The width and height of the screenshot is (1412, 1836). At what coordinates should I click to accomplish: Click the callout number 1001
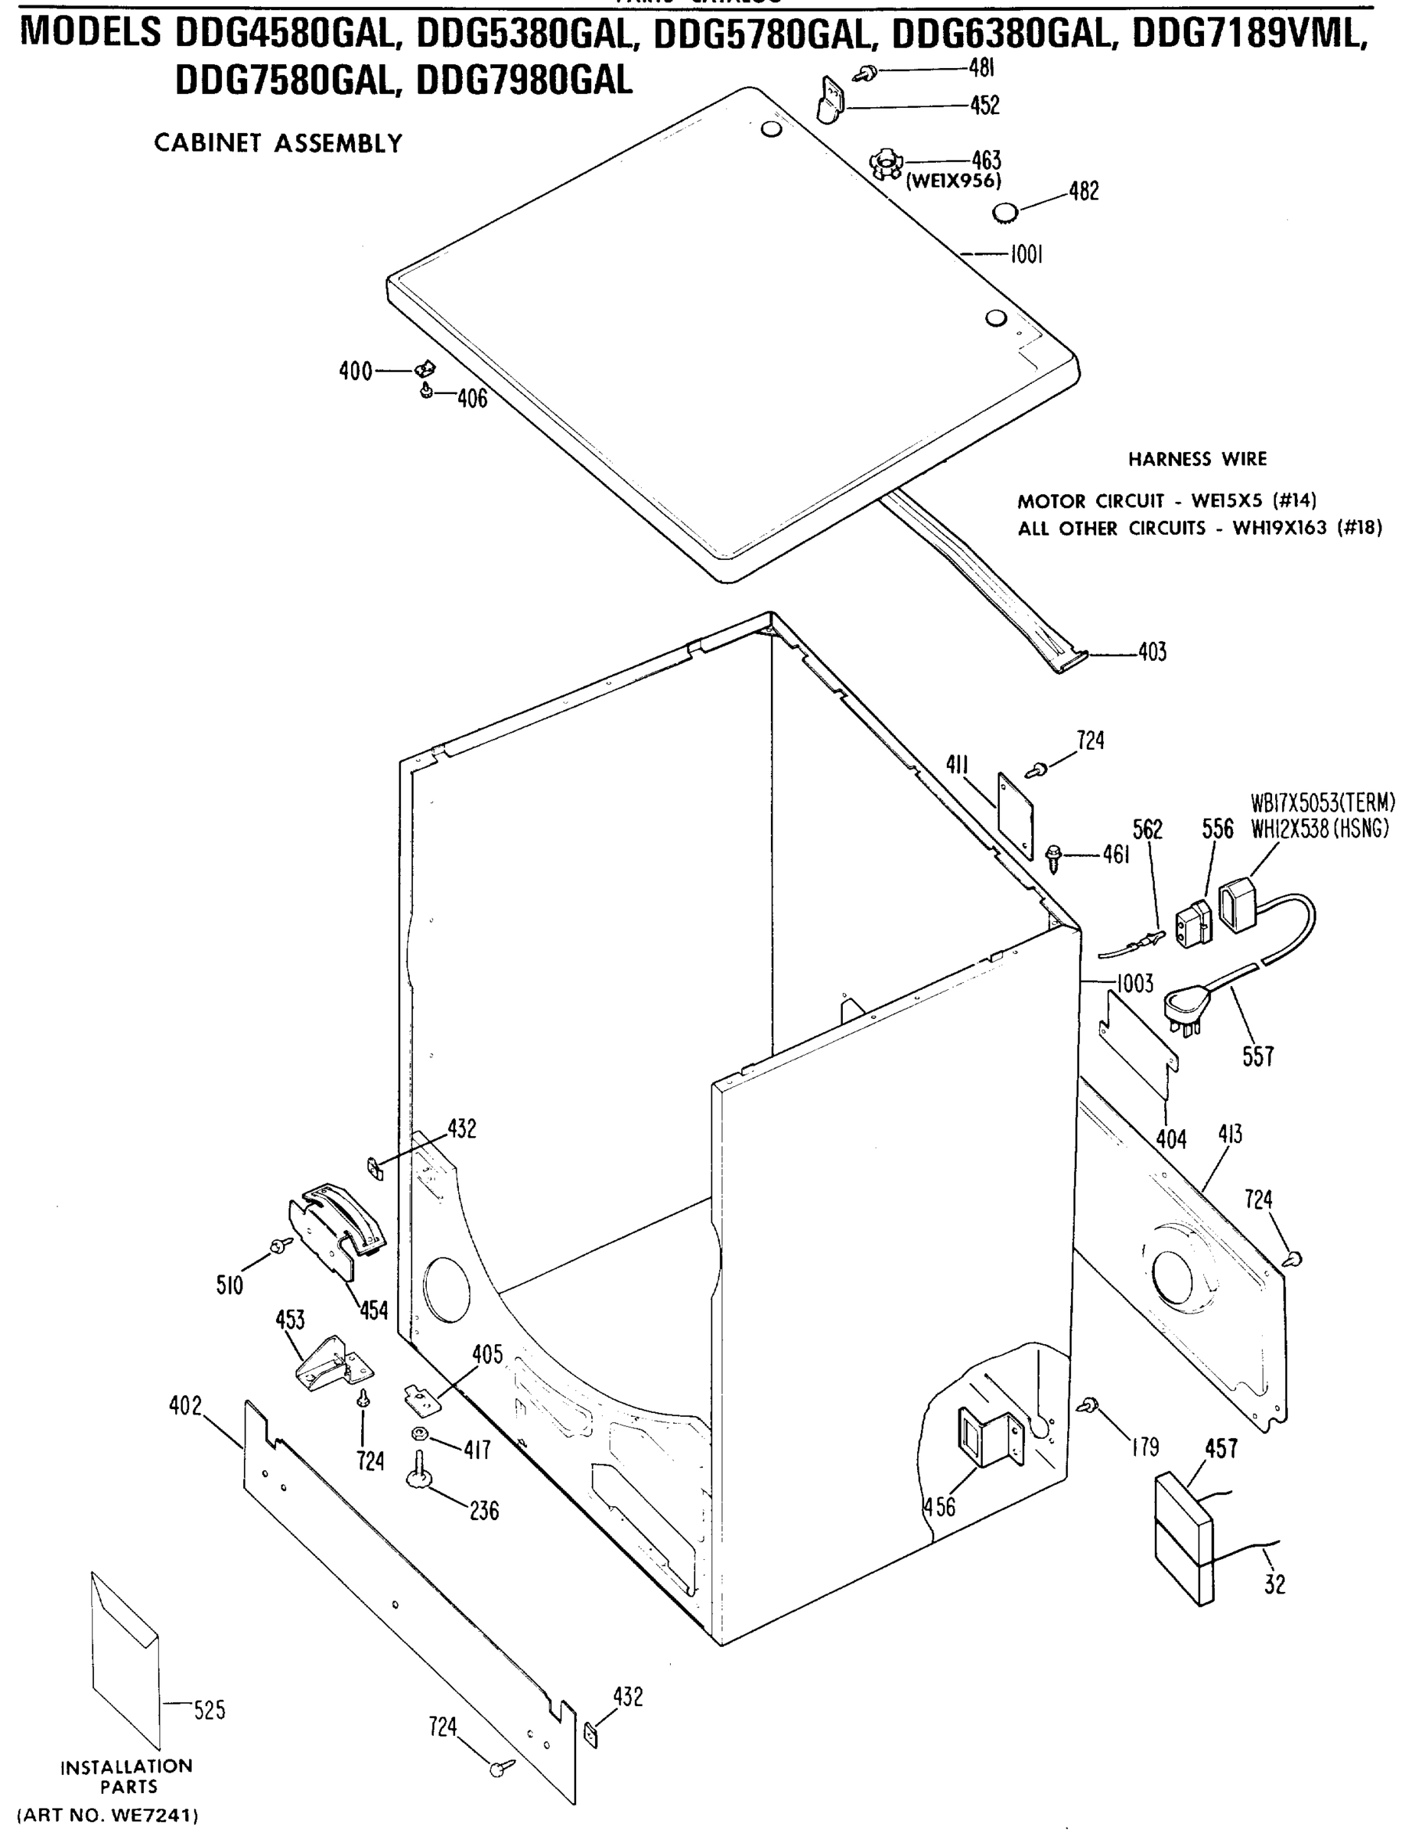1026,254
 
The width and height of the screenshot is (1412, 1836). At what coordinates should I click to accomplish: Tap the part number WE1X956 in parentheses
953,180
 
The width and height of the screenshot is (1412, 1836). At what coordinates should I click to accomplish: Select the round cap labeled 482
1004,213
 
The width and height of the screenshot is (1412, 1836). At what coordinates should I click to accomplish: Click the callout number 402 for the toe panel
185,1405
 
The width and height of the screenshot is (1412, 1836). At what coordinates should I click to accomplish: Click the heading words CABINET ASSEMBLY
278,144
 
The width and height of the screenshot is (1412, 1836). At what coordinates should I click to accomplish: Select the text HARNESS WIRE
1197,459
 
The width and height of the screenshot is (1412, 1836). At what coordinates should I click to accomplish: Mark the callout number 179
1145,1446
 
